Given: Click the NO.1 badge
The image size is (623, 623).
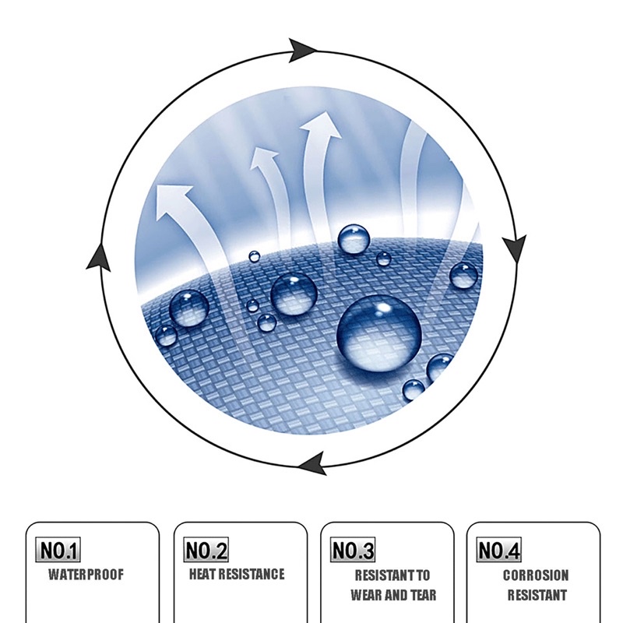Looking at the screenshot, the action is click(59, 551).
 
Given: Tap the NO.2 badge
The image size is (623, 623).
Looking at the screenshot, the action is click(206, 551).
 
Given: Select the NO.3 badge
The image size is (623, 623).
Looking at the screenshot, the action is click(353, 551).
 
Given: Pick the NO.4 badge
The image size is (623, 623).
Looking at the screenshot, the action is click(499, 551).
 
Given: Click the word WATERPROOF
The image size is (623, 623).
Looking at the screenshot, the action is click(86, 575).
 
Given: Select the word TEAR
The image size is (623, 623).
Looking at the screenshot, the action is click(421, 596).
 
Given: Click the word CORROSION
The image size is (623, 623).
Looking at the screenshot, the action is click(536, 576).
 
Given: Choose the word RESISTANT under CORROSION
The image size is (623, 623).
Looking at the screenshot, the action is click(537, 596).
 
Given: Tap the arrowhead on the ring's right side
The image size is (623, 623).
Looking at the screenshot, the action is click(514, 248).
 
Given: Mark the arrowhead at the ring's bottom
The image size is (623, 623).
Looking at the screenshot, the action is click(312, 464).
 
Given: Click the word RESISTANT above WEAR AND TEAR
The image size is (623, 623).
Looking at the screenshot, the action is click(392, 576).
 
